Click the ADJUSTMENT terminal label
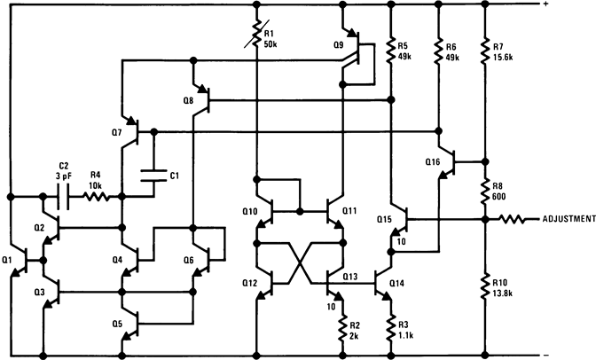pos(561,218)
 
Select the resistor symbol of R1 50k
pos(255,36)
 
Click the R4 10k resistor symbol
pos(96,196)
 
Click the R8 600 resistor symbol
pos(484,192)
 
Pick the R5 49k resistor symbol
pos(391,51)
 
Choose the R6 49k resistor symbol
pos(438,51)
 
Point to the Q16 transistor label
pos(432,162)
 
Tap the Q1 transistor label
pos(8,260)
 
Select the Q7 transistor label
pos(117,132)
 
